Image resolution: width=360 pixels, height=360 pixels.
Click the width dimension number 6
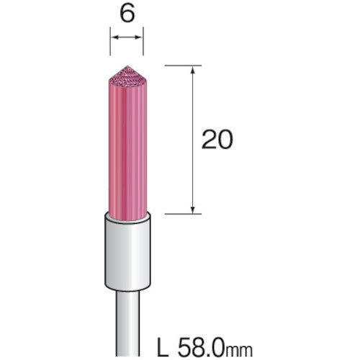127,16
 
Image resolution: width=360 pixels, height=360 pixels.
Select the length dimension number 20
217,140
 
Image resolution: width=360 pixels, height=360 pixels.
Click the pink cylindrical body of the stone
127,144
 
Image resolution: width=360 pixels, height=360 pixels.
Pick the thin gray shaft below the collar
127,317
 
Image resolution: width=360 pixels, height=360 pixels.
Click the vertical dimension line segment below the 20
192,180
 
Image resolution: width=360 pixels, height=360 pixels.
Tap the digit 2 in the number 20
209,140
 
